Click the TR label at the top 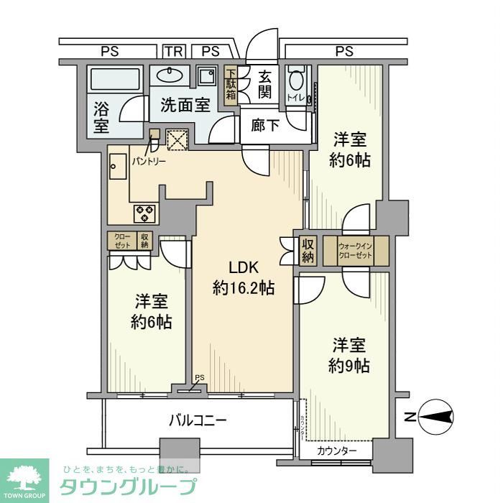tap(172, 51)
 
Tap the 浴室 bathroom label tap(101, 118)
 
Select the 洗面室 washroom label tap(185, 105)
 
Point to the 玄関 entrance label tap(264, 83)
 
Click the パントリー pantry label tap(149, 161)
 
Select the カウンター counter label tap(336, 451)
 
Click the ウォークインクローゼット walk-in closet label tap(356, 251)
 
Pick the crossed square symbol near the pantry tap(176, 139)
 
